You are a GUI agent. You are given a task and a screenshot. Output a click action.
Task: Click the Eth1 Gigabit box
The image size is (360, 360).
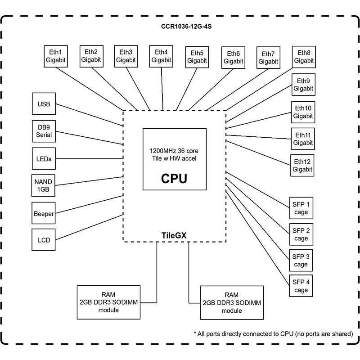click(56, 56)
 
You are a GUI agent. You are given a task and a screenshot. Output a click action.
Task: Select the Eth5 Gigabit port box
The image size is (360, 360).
click(197, 57)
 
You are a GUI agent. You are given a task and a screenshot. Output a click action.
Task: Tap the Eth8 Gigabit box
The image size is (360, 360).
click(304, 57)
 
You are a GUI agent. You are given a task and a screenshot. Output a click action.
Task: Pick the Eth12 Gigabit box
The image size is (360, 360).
click(302, 165)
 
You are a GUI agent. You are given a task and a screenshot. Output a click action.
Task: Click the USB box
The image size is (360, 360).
click(44, 104)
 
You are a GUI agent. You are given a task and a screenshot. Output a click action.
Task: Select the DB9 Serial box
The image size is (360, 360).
click(44, 131)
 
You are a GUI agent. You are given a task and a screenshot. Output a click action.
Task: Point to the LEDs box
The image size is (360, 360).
click(44, 159)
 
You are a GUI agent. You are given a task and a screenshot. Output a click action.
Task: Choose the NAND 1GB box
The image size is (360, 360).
click(43, 185)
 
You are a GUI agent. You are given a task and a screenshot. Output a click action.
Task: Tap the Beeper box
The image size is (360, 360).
click(44, 213)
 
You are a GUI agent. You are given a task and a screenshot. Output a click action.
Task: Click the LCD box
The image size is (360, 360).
click(44, 240)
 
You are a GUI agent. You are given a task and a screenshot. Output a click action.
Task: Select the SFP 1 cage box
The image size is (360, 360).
click(301, 208)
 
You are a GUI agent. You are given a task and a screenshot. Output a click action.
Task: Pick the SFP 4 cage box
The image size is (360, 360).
click(301, 286)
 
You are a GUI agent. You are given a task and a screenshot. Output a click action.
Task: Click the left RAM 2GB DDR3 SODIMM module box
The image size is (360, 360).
click(108, 302)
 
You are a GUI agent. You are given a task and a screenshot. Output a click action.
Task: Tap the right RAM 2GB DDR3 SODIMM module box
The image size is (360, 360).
click(232, 302)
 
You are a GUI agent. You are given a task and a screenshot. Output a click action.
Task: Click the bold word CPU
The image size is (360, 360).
click(174, 178)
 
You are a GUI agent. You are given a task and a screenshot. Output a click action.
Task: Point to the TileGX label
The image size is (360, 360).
click(174, 235)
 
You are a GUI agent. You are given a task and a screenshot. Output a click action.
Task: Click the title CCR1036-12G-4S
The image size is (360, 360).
click(186, 27)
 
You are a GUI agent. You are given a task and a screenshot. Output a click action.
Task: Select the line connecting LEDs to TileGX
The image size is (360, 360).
click(89, 158)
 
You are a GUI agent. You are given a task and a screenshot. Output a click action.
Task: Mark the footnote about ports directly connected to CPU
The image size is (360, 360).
click(274, 334)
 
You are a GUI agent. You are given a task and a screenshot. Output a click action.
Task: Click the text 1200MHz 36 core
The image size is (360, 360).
click(174, 151)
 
